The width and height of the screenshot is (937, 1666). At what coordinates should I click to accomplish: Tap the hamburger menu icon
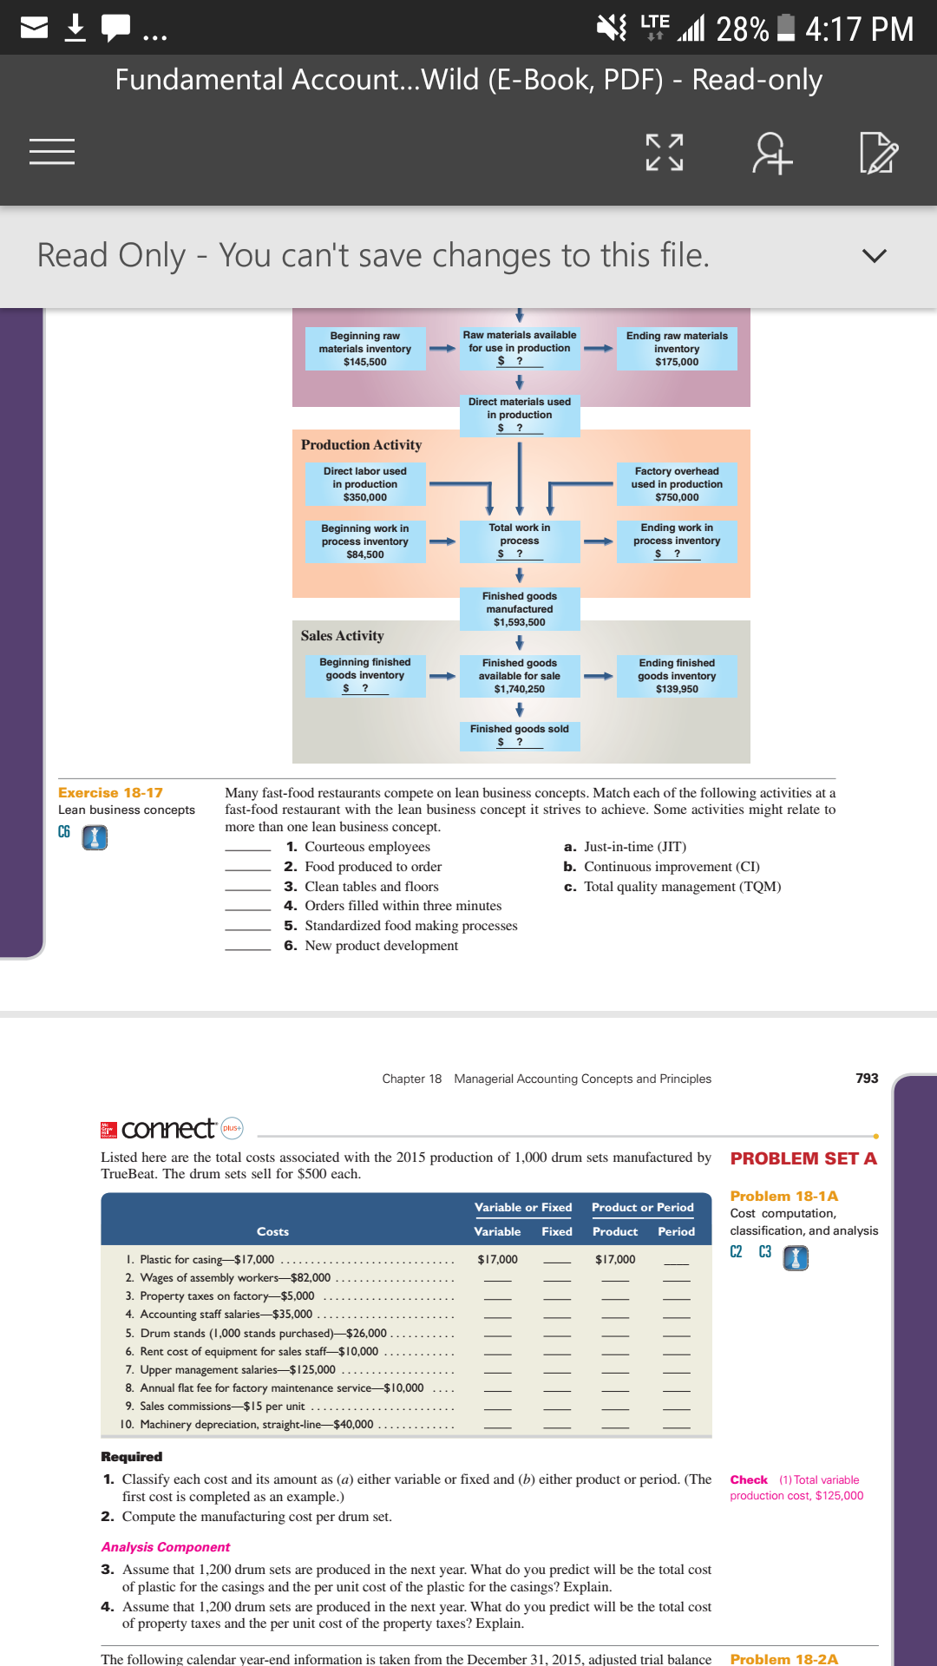click(x=52, y=152)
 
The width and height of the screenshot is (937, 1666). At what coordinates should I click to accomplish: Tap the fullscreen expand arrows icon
click(x=665, y=152)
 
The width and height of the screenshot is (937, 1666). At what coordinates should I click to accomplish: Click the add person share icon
click(x=772, y=153)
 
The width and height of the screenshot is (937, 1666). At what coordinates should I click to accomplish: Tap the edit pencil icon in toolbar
click(x=878, y=153)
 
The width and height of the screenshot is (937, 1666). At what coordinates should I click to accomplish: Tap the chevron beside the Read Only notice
click(x=875, y=255)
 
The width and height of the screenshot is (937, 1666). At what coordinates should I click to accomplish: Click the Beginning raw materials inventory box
click(x=365, y=349)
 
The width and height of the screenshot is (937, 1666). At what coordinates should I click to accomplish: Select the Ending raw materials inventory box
click(x=677, y=349)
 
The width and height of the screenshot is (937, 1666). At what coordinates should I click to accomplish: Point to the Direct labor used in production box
click(x=365, y=484)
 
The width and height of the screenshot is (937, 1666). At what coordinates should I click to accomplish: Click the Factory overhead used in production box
click(x=677, y=484)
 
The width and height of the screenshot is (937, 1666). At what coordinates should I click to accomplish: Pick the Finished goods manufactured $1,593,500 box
click(x=520, y=609)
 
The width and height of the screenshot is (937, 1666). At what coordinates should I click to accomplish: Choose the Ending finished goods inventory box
click(x=677, y=676)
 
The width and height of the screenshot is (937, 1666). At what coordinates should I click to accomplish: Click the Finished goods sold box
click(x=520, y=735)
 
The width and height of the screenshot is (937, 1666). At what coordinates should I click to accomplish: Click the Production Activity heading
click(x=362, y=445)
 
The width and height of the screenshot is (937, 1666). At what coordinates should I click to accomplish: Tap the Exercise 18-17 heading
click(x=110, y=793)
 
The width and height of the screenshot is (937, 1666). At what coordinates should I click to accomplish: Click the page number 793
click(x=867, y=1079)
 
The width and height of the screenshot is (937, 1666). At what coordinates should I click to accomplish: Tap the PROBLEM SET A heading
click(x=803, y=1159)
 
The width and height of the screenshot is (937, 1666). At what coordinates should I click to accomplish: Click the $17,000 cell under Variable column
click(x=497, y=1260)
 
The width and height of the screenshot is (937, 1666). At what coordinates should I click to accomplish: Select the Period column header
click(x=676, y=1232)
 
